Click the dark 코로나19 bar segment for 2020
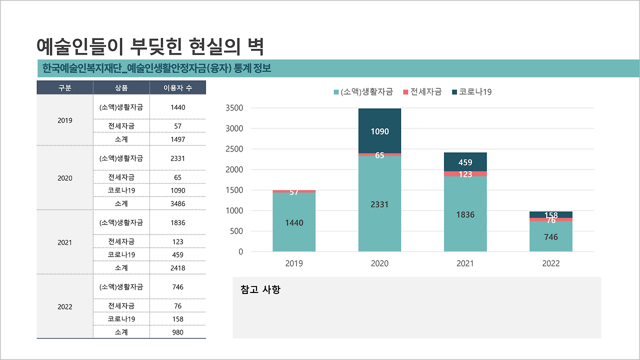(x=379, y=131)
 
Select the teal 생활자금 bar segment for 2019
(x=294, y=222)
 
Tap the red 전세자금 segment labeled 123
(x=465, y=174)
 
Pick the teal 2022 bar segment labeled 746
(x=550, y=237)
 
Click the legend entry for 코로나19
(x=472, y=92)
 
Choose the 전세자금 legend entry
(x=422, y=92)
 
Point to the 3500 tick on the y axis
(x=234, y=108)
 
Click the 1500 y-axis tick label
(x=234, y=190)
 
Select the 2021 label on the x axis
(x=465, y=263)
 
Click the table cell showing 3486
(x=177, y=203)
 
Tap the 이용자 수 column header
(x=177, y=88)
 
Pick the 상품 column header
(x=121, y=88)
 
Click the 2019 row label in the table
(x=65, y=120)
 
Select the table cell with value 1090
(x=177, y=190)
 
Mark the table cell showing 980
(x=177, y=332)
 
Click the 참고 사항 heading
(x=260, y=289)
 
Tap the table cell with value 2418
(x=177, y=268)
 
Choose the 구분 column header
(x=65, y=88)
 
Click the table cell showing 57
(x=177, y=126)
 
